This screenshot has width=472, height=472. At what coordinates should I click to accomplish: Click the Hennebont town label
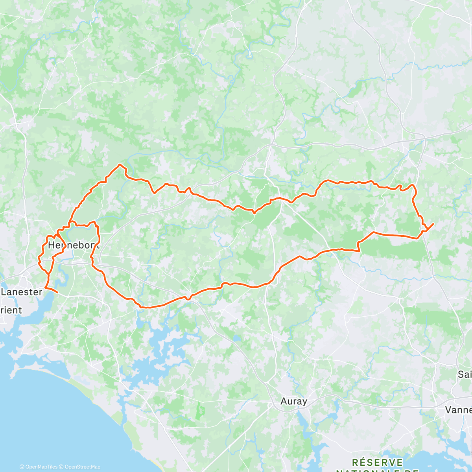tap(74, 245)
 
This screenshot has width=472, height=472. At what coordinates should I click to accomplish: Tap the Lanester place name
tap(22, 292)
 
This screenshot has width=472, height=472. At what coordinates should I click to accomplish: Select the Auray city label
tap(294, 401)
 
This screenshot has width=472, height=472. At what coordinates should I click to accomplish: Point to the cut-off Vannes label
tap(459, 410)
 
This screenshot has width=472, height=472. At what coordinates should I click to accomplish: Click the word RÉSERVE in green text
tap(377, 462)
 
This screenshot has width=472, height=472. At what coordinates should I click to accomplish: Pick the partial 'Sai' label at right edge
tap(465, 374)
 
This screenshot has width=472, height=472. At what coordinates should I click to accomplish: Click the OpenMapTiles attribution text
tap(41, 467)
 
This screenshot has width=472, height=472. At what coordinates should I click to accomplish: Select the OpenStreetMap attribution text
tap(83, 467)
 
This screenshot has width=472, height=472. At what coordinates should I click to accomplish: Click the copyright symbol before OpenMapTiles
tap(22, 467)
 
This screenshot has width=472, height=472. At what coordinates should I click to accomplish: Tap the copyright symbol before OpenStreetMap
tap(62, 467)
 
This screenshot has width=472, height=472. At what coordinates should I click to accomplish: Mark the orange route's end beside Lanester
tap(58, 293)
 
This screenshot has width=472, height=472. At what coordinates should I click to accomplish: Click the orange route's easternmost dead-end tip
tap(433, 223)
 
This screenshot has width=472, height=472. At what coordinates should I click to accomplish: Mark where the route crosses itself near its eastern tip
tap(424, 230)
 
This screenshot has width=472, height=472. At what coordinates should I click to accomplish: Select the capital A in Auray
tap(284, 401)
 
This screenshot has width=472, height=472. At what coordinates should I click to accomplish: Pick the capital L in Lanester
tap(4, 292)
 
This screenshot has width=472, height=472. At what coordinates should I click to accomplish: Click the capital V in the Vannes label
tap(448, 410)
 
